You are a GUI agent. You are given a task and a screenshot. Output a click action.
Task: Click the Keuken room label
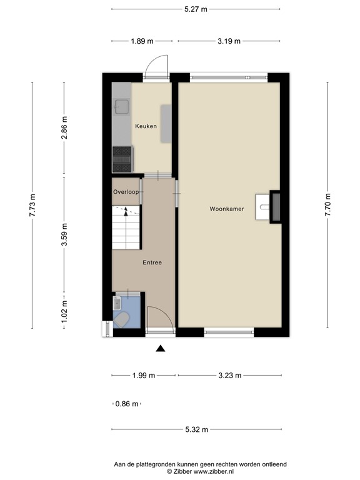tap(145, 126)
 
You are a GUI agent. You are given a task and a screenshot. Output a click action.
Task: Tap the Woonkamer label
tap(226, 209)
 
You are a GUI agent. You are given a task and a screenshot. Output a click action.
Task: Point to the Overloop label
tap(126, 192)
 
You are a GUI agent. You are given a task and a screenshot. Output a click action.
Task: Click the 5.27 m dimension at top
tap(196, 9)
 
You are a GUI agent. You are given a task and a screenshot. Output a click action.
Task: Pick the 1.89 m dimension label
tap(142, 41)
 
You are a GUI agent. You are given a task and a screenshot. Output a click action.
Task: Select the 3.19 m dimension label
tap(229, 41)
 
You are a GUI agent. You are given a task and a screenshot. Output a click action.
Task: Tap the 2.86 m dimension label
tap(64, 129)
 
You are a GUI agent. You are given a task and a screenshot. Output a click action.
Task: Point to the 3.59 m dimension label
tap(64, 235)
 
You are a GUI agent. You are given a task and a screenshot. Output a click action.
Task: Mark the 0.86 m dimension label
tap(127, 404)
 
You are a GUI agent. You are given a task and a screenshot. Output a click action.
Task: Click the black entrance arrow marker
tap(161, 349)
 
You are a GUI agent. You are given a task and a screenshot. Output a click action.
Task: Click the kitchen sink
tap(121, 106)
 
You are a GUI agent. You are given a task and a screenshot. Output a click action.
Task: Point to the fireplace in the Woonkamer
tap(273, 205)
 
